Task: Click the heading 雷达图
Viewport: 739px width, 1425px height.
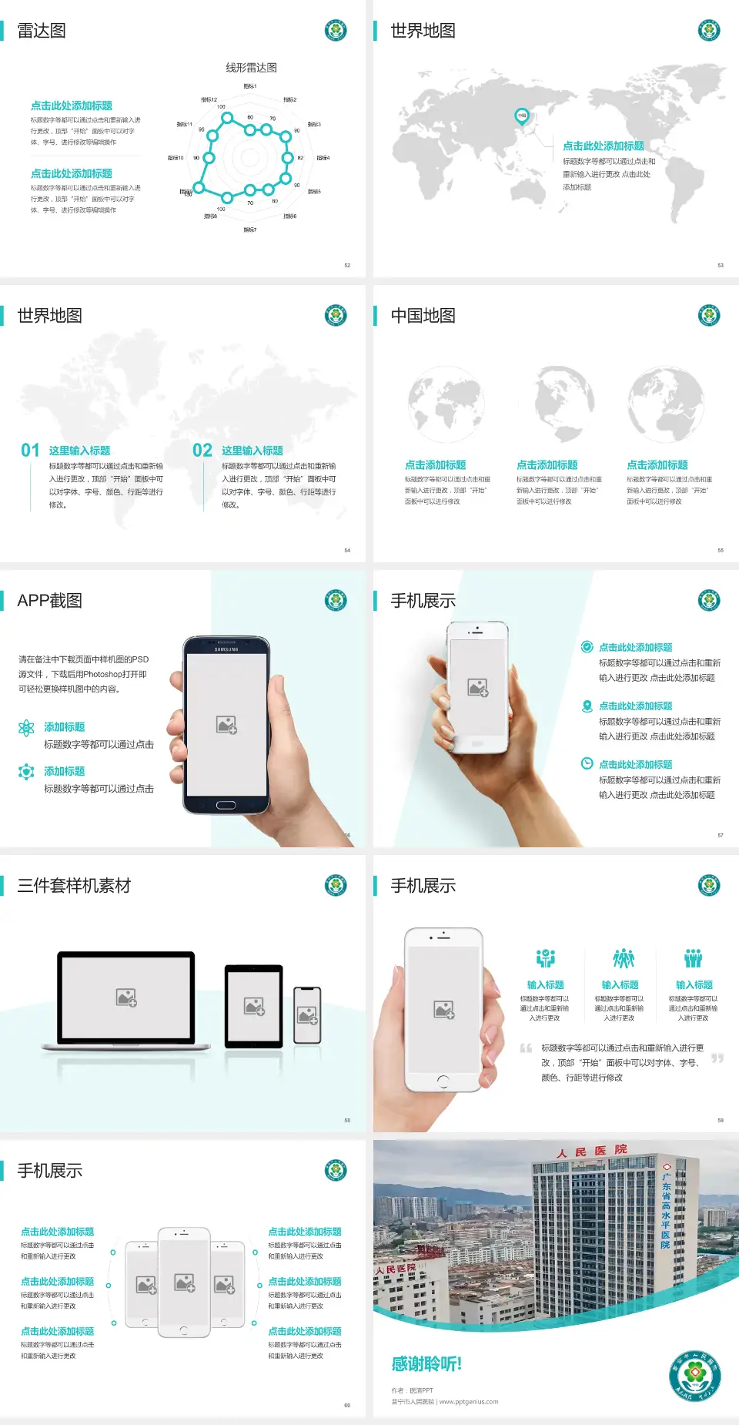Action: click(42, 31)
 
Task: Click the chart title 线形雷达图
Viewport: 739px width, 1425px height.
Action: click(251, 68)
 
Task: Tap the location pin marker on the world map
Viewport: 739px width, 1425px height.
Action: click(521, 116)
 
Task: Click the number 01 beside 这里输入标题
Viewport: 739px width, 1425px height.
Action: click(30, 451)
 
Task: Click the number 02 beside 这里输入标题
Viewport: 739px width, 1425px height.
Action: click(202, 451)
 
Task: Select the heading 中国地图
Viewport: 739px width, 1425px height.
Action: click(423, 316)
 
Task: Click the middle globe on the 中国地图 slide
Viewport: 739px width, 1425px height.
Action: click(557, 404)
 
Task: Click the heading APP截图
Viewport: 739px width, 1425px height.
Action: click(50, 601)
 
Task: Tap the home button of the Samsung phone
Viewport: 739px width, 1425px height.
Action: click(226, 805)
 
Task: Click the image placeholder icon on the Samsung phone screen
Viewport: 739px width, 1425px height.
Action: click(226, 725)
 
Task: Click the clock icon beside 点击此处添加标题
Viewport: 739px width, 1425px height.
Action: click(587, 763)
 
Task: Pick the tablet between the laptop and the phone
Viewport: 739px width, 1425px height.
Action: click(254, 1006)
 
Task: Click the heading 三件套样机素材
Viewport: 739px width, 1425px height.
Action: click(74, 886)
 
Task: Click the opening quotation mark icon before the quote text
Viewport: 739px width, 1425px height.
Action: click(526, 1048)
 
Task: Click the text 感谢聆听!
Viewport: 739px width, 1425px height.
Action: click(426, 1364)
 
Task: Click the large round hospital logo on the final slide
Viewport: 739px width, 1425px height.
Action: click(694, 1376)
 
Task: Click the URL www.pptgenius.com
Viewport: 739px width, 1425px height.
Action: click(469, 1402)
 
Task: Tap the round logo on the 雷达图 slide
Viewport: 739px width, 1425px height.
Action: click(336, 31)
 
